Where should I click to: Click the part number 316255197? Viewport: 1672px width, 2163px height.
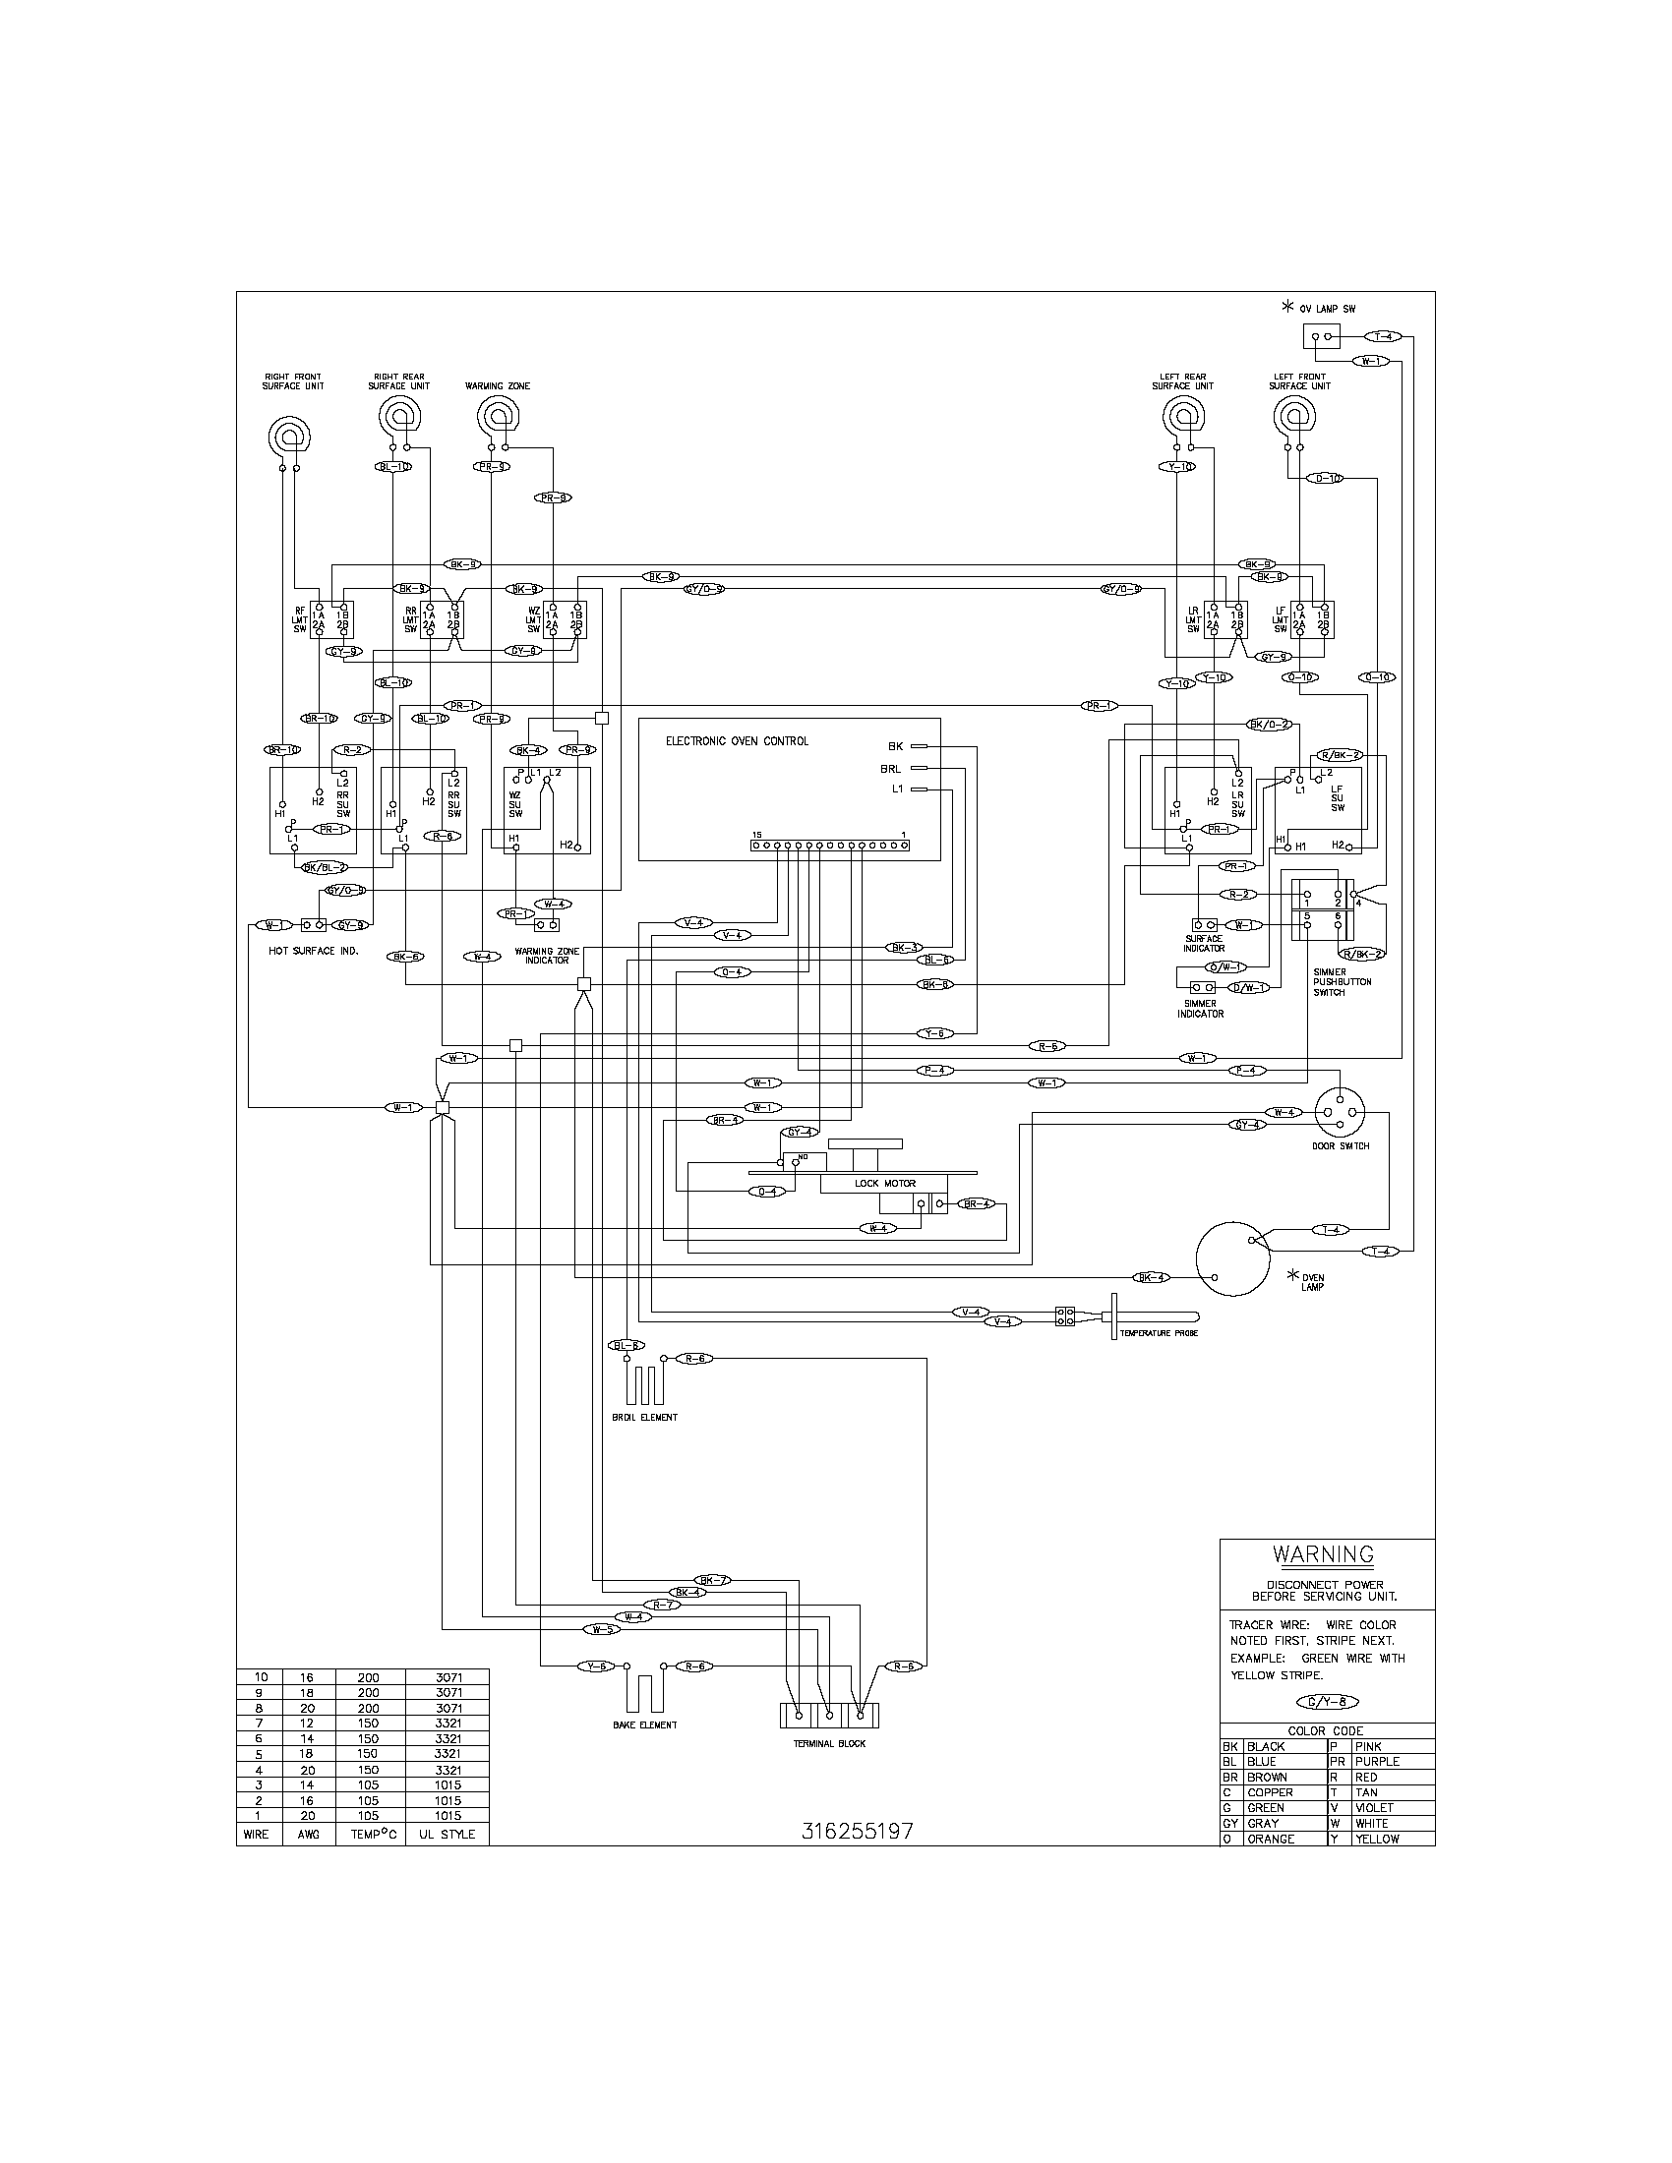(x=857, y=1832)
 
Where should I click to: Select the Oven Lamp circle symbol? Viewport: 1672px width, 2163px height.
(x=1232, y=1257)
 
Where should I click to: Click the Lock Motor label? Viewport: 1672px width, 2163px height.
(x=884, y=1183)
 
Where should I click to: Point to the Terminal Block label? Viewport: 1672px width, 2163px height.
(x=829, y=1743)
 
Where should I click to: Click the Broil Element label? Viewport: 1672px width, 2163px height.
(x=645, y=1417)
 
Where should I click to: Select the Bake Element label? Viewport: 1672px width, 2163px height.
(x=645, y=1725)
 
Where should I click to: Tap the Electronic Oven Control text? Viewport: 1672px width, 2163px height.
(x=736, y=740)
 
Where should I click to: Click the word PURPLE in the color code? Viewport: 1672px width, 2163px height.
(x=1377, y=1761)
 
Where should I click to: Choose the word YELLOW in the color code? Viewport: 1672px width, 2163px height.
(x=1377, y=1839)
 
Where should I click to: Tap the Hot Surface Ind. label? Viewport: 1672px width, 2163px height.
(x=314, y=951)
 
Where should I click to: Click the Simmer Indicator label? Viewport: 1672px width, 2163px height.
(x=1201, y=1008)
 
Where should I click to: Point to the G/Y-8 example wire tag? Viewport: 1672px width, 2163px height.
(x=1328, y=1702)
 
